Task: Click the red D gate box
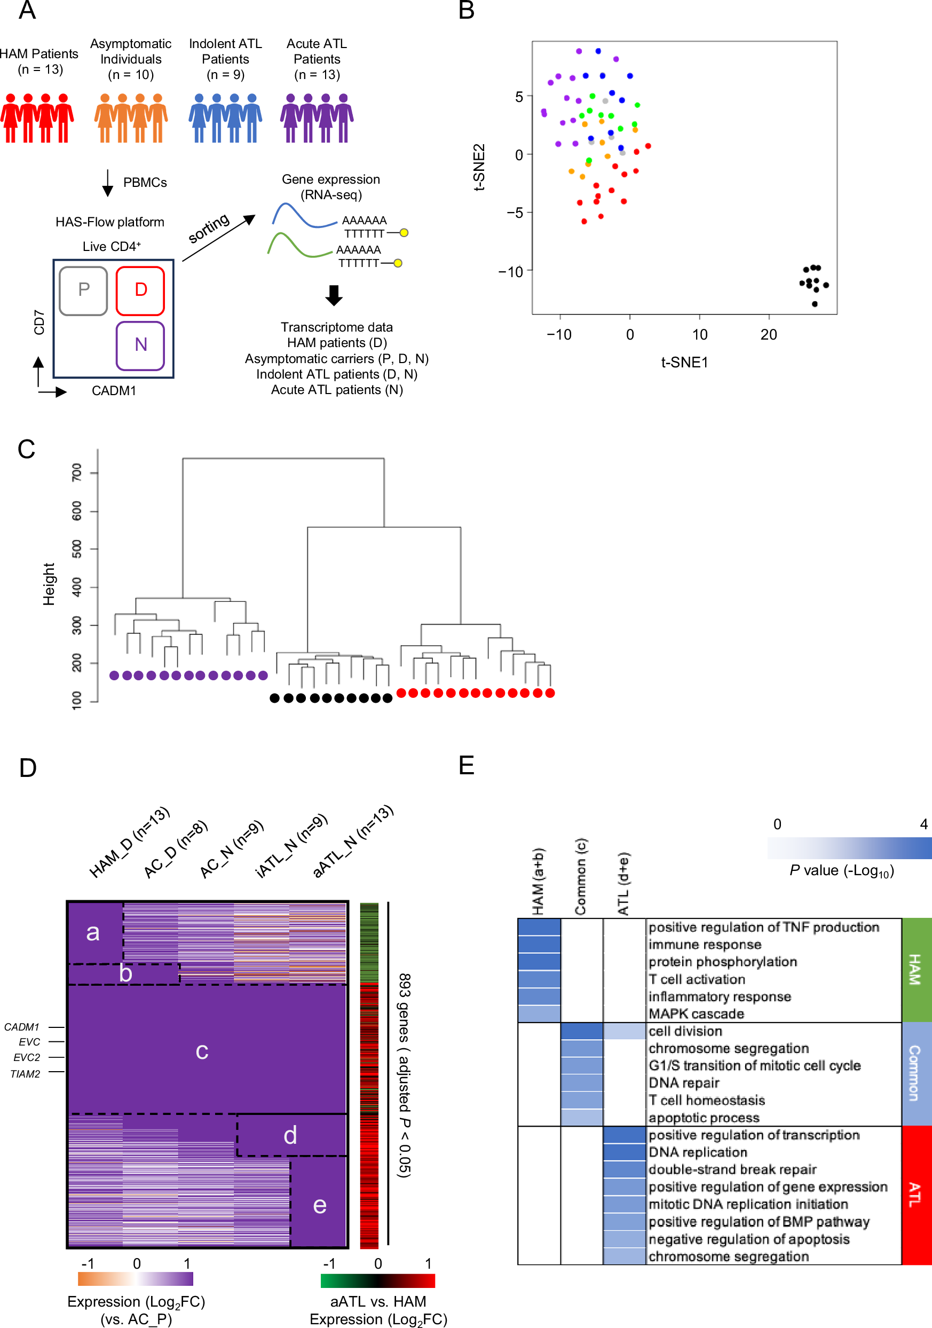pyautogui.click(x=140, y=290)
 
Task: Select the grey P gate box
pyautogui.click(x=84, y=290)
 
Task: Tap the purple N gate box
pyautogui.click(x=140, y=345)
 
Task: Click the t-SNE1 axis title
pyautogui.click(x=684, y=363)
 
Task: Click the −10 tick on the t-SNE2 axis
pyautogui.click(x=510, y=271)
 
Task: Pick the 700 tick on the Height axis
pyautogui.click(x=77, y=473)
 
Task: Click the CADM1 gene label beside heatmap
pyautogui.click(x=22, y=1027)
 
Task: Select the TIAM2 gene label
pyautogui.click(x=26, y=1074)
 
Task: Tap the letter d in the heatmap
pyautogui.click(x=290, y=1135)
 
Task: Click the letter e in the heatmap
pyautogui.click(x=319, y=1205)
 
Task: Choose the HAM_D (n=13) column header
pyautogui.click(x=129, y=843)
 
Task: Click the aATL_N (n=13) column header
pyautogui.click(x=353, y=842)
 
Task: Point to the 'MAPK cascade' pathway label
pyautogui.click(x=696, y=1014)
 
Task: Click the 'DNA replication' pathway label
pyautogui.click(x=698, y=1152)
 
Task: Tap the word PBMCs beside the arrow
pyautogui.click(x=145, y=183)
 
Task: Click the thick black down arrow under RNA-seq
pyautogui.click(x=334, y=295)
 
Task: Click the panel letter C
pyautogui.click(x=27, y=450)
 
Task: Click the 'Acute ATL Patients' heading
pyautogui.click(x=317, y=51)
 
